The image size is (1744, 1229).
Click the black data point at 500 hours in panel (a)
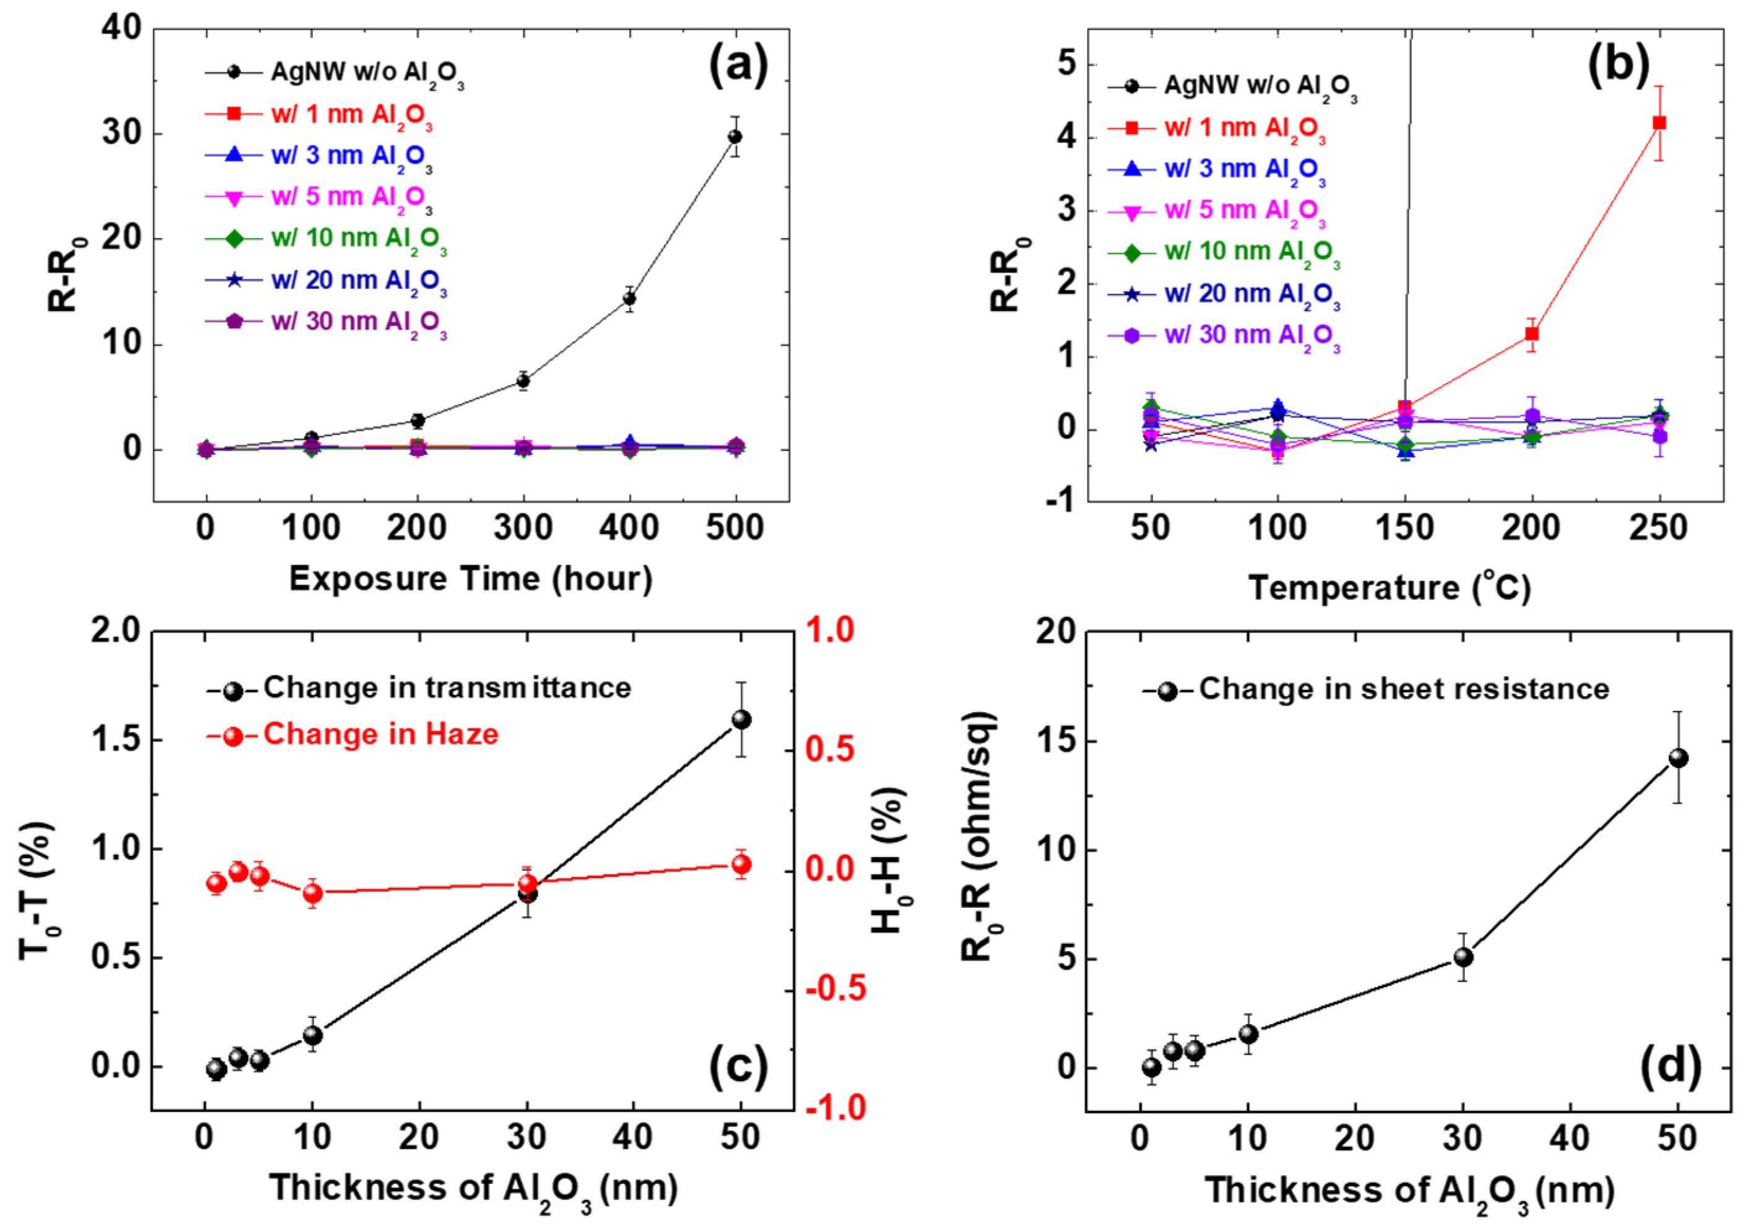pyautogui.click(x=734, y=137)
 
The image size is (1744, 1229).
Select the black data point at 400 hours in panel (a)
pyautogui.click(x=629, y=298)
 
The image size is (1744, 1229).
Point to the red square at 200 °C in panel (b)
pyautogui.click(x=1532, y=334)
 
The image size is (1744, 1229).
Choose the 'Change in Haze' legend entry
pyautogui.click(x=380, y=735)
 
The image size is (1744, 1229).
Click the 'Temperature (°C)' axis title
pyautogui.click(x=1390, y=588)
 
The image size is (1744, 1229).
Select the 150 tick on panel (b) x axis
pyautogui.click(x=1404, y=528)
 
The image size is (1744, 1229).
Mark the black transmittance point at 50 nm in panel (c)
pyautogui.click(x=741, y=719)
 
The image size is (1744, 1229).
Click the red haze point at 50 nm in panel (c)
pyautogui.click(x=741, y=865)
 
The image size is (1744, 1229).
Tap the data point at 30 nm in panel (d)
pyautogui.click(x=1463, y=958)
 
